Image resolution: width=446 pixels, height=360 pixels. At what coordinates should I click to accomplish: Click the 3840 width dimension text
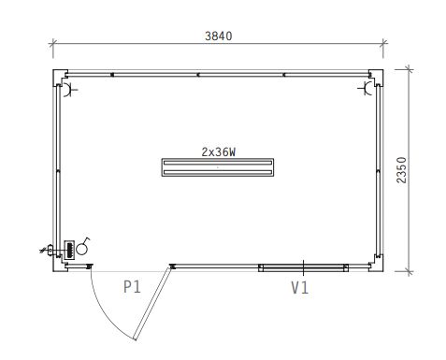pyautogui.click(x=217, y=36)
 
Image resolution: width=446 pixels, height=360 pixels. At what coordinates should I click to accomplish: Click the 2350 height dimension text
pyautogui.click(x=401, y=171)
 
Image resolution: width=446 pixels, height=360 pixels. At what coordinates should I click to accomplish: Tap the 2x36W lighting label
pyautogui.click(x=217, y=150)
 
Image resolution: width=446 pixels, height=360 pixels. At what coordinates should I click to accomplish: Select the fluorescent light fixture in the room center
pyautogui.click(x=217, y=167)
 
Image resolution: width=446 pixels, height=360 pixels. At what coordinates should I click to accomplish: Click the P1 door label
pyautogui.click(x=132, y=287)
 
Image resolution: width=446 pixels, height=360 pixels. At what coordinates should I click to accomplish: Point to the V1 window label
pyautogui.click(x=298, y=288)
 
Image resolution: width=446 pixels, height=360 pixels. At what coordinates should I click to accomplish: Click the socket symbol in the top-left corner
pyautogui.click(x=68, y=89)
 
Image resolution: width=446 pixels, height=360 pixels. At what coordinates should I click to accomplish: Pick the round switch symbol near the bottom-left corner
pyautogui.click(x=82, y=249)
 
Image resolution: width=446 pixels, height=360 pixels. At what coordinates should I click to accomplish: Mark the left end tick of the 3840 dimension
pyautogui.click(x=52, y=43)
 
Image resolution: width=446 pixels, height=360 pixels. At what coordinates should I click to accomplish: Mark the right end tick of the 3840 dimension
pyautogui.click(x=383, y=43)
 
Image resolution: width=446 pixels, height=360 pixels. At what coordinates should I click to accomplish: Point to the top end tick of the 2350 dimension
pyautogui.click(x=409, y=69)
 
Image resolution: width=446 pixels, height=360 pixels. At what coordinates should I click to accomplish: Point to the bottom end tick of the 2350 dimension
pyautogui.click(x=409, y=271)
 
